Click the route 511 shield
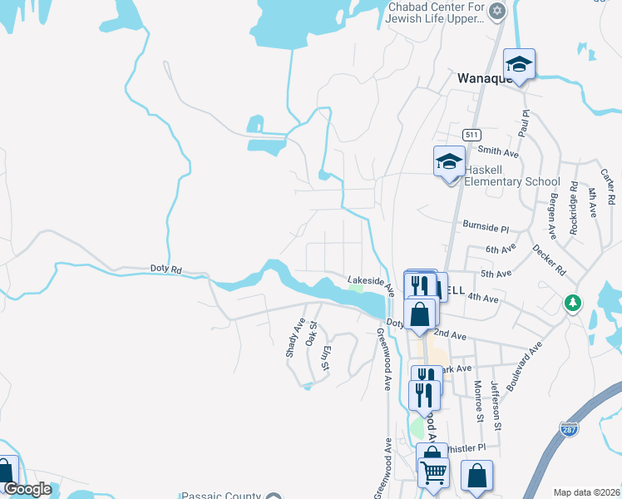coord(472,135)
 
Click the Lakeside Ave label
coord(370,284)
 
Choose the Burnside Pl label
coord(485,227)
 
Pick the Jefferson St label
coord(496,404)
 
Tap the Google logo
coord(28,489)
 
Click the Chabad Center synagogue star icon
coord(497,11)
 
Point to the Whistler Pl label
coord(466,447)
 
